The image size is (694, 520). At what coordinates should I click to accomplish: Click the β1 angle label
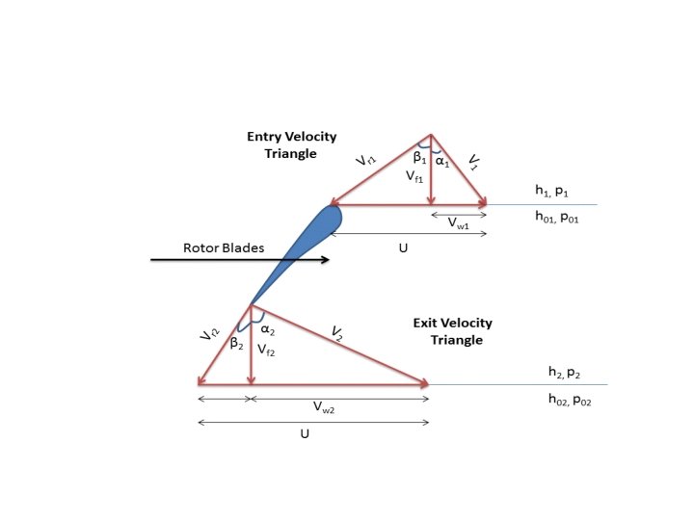pyautogui.click(x=420, y=157)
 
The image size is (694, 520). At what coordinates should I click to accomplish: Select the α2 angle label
pyautogui.click(x=269, y=330)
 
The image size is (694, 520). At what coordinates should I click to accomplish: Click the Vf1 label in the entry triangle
pyautogui.click(x=414, y=177)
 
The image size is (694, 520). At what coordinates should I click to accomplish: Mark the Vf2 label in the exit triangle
pyautogui.click(x=266, y=352)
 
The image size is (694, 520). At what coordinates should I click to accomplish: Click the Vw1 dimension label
pyautogui.click(x=459, y=222)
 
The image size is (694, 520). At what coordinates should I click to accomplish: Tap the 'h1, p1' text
pyautogui.click(x=554, y=192)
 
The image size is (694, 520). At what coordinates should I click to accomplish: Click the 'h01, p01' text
pyautogui.click(x=563, y=218)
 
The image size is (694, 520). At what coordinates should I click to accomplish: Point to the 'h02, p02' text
pyautogui.click(x=569, y=399)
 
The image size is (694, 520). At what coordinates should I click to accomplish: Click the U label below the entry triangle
pyautogui.click(x=403, y=247)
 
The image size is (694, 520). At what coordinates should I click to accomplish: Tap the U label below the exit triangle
pyautogui.click(x=304, y=433)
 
